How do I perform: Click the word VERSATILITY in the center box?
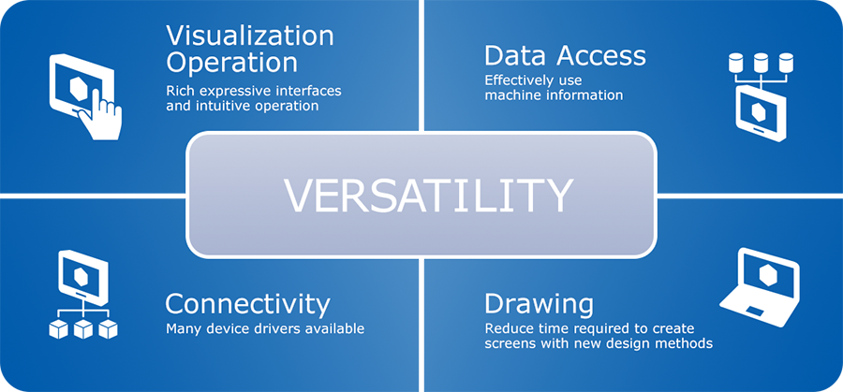pyautogui.click(x=428, y=196)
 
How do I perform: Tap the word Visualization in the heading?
pyautogui.click(x=250, y=36)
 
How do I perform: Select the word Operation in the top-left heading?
pyautogui.click(x=231, y=63)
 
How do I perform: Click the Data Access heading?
pyautogui.click(x=565, y=55)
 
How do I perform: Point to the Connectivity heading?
pyautogui.click(x=247, y=304)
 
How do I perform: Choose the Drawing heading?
pyautogui.click(x=539, y=305)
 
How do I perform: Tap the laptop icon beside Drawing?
pyautogui.click(x=760, y=287)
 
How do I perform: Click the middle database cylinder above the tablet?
pyautogui.click(x=761, y=63)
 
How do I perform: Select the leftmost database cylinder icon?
pyautogui.click(x=735, y=63)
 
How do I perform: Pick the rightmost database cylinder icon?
pyautogui.click(x=786, y=63)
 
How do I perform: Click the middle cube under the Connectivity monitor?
pyautogui.click(x=83, y=329)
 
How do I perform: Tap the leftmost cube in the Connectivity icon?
pyautogui.click(x=59, y=329)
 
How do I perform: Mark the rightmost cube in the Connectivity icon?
pyautogui.click(x=108, y=329)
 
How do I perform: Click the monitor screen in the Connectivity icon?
pyautogui.click(x=82, y=275)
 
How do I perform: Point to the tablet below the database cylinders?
pyautogui.click(x=761, y=114)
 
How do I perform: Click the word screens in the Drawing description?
pyautogui.click(x=507, y=343)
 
